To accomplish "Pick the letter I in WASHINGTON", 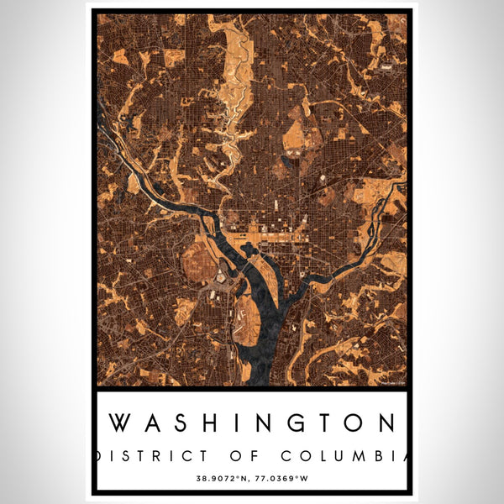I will [x=235, y=423].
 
